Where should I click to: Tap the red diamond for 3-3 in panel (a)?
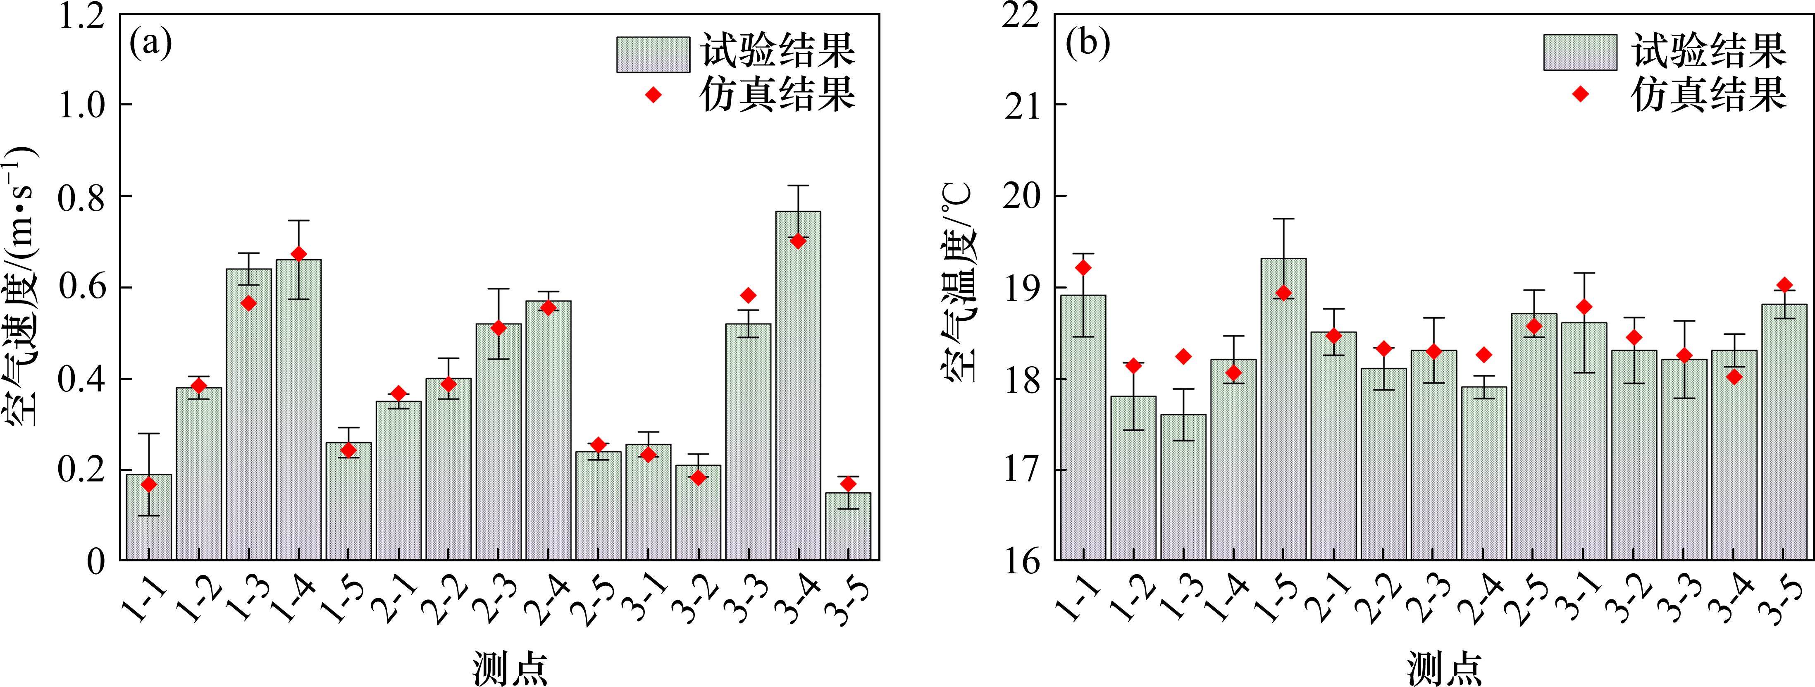748,295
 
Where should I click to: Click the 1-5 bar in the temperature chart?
1283,409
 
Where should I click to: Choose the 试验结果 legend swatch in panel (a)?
652,54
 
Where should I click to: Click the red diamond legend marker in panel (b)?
1580,94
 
